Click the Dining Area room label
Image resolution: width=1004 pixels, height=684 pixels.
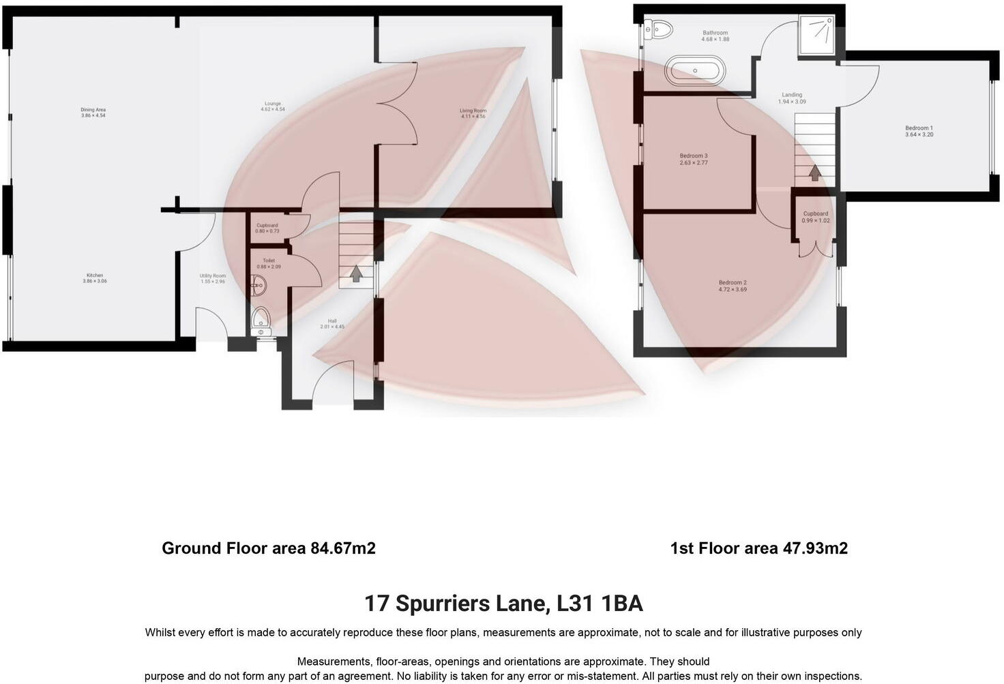point(93,113)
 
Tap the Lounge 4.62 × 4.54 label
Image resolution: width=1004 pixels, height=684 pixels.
point(272,106)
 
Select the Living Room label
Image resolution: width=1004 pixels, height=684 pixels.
point(472,113)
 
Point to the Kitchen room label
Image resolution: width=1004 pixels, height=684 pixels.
point(95,278)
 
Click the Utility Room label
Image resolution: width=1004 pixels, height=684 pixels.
point(213,278)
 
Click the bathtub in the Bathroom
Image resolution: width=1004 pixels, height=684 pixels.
point(694,70)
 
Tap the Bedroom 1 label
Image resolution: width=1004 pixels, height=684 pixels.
point(919,131)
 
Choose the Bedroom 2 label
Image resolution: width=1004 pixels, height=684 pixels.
point(733,286)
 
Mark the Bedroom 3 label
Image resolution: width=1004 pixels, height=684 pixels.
point(693,160)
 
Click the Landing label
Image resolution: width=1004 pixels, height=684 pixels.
point(792,98)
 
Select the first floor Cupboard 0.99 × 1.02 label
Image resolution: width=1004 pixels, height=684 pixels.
point(816,217)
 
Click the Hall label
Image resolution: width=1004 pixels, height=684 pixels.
point(332,324)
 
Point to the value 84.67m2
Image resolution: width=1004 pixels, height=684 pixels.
point(343,548)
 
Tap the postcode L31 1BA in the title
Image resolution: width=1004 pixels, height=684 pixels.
point(600,604)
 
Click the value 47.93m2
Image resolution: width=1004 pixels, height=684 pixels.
point(815,548)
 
